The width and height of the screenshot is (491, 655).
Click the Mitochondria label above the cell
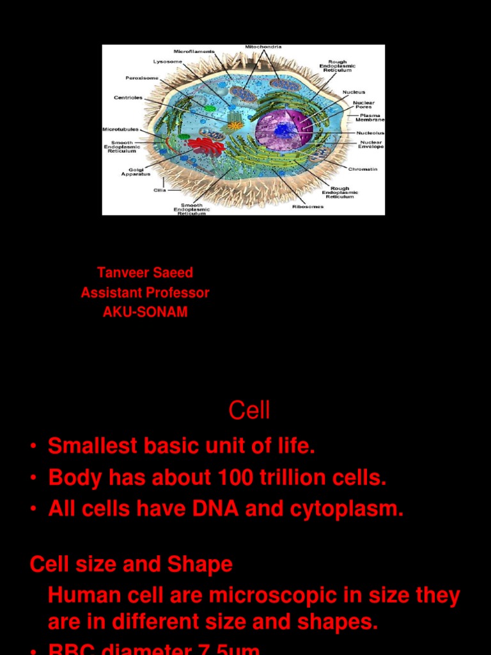coord(263,47)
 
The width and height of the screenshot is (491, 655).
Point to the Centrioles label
coord(128,98)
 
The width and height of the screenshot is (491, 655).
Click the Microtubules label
coord(120,129)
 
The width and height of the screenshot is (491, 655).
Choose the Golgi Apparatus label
coord(136,171)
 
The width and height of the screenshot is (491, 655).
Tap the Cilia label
coord(160,190)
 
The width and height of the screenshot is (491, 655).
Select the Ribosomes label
coord(308,207)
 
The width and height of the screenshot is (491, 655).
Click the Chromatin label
coord(362,169)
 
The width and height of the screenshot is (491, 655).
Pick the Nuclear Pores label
coord(364,104)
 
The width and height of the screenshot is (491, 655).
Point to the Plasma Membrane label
coord(370,118)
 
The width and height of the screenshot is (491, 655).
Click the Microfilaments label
coord(194,51)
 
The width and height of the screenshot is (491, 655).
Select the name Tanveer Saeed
coord(145,272)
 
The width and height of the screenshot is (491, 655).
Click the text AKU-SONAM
coord(145,313)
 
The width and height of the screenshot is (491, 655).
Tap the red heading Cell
coord(249,411)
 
